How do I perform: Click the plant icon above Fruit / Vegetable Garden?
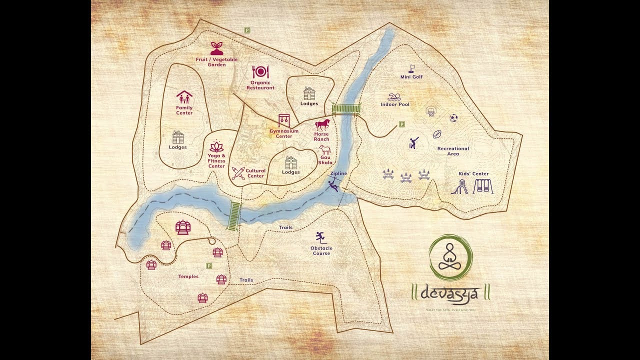click(x=216, y=48)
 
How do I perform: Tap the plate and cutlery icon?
click(x=260, y=72)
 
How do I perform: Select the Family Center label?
click(x=184, y=110)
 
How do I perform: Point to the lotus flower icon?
click(x=217, y=146)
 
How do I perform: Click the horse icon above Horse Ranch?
click(x=322, y=124)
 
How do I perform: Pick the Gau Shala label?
click(x=325, y=160)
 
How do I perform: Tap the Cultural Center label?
click(x=255, y=173)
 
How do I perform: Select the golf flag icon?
click(x=412, y=68)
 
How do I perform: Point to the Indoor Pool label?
click(x=395, y=104)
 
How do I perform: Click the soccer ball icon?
click(x=453, y=118)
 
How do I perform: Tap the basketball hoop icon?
click(x=430, y=111)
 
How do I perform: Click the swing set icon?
click(x=483, y=186)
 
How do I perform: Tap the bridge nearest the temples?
click(x=234, y=216)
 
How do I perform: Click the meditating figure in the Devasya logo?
click(x=450, y=256)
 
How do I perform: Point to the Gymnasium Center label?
click(x=284, y=133)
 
